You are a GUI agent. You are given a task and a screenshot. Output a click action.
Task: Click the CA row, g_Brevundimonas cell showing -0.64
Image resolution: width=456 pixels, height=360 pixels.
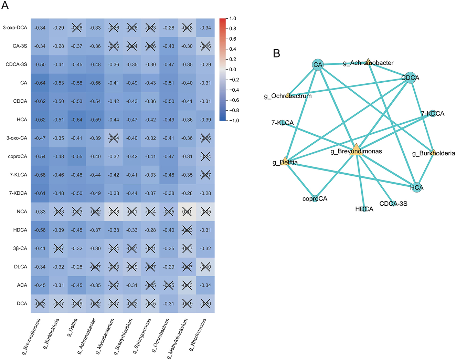pos(40,83)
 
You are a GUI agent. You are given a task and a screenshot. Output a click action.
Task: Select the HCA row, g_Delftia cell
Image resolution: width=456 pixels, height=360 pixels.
pos(77,120)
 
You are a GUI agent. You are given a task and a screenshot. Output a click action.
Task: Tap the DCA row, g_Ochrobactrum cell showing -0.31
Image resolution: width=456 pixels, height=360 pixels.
pos(169,304)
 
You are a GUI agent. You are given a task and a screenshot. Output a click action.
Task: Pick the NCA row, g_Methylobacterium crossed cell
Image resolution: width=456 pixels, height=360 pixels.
pos(187,212)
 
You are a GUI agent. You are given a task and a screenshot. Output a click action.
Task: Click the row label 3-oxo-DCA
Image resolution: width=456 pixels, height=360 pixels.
pos(15,28)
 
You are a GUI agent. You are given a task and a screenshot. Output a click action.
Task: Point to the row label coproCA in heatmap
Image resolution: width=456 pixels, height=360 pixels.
pos(18,156)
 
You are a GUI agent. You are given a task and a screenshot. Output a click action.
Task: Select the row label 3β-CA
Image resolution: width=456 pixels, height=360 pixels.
pos(20,248)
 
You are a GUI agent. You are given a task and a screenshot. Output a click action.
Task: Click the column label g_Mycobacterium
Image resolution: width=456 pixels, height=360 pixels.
pos(105,336)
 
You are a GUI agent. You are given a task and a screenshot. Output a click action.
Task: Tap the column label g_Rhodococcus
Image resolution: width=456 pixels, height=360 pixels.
pos(198,335)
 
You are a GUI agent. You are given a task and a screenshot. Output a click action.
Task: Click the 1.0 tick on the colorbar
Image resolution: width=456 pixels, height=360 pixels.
pos(233,19)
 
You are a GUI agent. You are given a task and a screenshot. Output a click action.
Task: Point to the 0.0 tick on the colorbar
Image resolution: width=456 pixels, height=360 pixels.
pos(233,70)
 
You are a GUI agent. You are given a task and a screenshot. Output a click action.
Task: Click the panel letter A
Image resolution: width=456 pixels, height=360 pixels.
pos(5,6)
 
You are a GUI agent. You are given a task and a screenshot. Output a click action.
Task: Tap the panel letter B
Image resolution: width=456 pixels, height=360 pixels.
pos(276,53)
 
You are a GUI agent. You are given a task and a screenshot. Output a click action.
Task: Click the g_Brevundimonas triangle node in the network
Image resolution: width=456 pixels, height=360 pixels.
pos(356,150)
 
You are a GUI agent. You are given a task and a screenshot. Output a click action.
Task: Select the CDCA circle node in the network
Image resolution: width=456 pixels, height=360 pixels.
pos(410,78)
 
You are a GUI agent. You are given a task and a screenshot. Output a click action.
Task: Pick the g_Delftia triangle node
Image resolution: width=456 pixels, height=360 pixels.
pos(285,161)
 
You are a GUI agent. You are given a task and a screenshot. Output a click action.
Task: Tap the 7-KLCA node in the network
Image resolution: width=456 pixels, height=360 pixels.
pos(283,123)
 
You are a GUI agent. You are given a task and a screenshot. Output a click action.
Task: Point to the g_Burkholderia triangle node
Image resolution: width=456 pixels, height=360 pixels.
pos(433,152)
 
